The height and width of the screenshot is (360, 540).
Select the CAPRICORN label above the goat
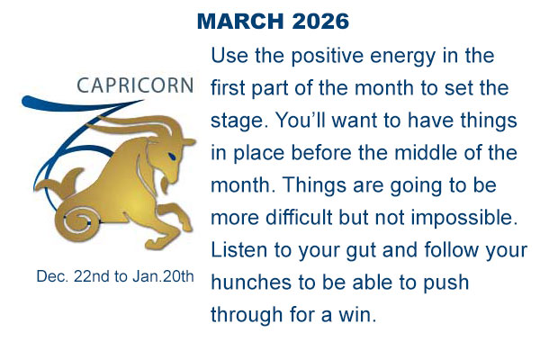(135, 86)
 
